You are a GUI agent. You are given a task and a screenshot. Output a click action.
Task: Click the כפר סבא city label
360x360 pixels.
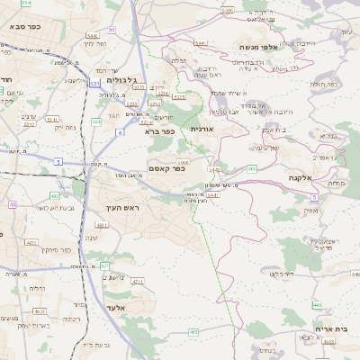(x=28, y=27)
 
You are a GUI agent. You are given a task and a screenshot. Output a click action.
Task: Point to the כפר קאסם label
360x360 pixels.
(x=166, y=168)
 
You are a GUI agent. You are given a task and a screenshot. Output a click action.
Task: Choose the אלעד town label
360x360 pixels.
(x=114, y=308)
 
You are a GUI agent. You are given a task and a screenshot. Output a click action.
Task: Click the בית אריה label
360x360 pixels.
(x=329, y=330)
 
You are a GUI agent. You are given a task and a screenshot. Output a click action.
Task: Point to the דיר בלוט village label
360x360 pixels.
(x=285, y=274)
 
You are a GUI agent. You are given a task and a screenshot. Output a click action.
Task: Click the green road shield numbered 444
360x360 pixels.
(x=96, y=121)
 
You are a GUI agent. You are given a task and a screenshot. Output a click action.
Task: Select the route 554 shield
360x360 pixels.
(x=26, y=4)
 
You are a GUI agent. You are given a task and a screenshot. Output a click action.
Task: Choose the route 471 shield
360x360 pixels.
(x=104, y=265)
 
